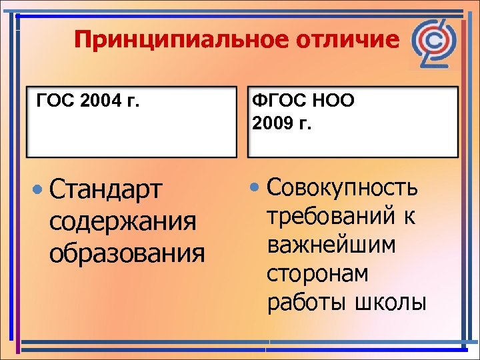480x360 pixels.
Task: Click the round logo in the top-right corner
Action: [435, 45]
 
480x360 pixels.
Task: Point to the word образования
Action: [127, 252]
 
